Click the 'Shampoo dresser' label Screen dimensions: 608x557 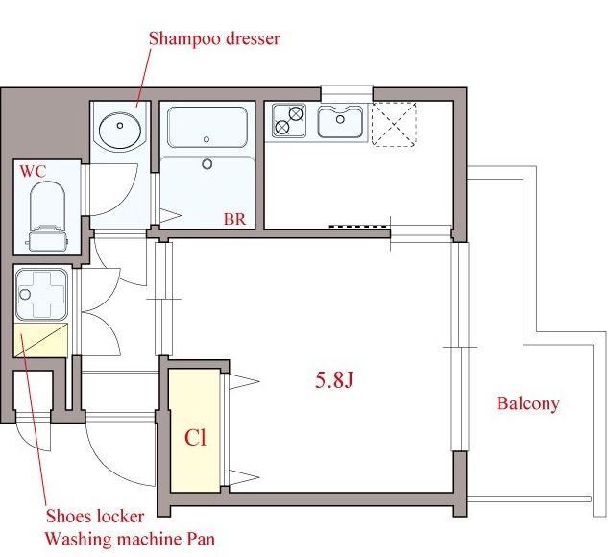214,38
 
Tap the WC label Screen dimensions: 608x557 33,171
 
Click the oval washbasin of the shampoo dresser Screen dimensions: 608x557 120,131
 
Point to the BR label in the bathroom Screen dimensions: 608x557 234,219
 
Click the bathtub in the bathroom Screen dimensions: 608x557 207,127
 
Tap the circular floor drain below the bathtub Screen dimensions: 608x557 207,164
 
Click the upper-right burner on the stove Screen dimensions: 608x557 296,113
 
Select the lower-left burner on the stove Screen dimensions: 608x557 281,127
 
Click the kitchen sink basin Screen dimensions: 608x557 340,121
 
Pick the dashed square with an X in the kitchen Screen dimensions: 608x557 394,125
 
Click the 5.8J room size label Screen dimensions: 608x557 334,380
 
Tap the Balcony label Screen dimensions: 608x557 528,403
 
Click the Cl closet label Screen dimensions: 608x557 195,438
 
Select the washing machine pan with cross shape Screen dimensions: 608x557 42,295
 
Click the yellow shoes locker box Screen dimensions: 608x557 40,340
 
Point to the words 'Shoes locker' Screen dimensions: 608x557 95,517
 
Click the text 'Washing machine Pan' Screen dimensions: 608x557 130,539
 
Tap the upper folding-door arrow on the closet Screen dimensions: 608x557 244,381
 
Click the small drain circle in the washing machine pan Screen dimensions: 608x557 25,294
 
